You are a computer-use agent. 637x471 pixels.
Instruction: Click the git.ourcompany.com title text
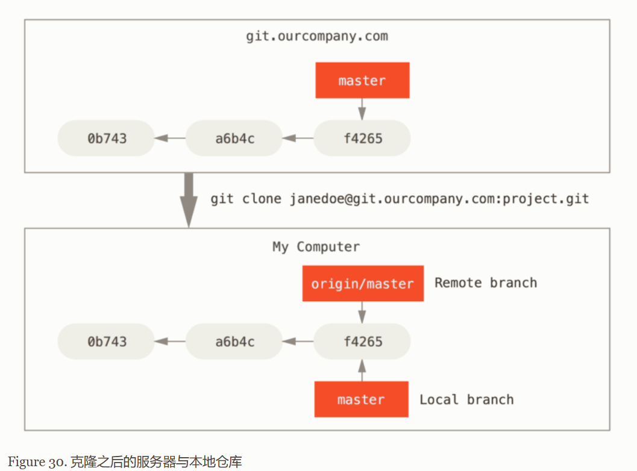317,36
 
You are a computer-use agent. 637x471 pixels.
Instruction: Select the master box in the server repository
362,80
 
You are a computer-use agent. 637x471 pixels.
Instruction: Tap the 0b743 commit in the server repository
107,138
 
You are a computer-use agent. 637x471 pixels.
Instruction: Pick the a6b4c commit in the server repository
234,138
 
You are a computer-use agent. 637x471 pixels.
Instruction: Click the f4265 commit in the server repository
362,138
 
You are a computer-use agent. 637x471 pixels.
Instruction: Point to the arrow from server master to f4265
362,109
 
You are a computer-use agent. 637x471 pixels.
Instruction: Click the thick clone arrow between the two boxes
189,200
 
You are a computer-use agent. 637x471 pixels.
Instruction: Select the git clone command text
400,199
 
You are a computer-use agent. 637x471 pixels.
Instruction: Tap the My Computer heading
316,247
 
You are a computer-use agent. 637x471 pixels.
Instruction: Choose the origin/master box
363,284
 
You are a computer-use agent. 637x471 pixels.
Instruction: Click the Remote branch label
486,282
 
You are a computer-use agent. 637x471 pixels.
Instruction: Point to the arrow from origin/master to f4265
362,312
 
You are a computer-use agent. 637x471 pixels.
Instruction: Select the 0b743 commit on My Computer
107,342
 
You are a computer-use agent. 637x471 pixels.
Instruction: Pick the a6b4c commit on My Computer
234,342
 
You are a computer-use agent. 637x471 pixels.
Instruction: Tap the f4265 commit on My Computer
362,342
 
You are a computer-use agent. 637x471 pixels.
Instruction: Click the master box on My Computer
362,399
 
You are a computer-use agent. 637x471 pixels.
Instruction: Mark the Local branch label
467,399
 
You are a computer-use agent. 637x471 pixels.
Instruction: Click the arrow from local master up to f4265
362,370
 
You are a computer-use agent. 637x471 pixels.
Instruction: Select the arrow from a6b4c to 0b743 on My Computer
170,342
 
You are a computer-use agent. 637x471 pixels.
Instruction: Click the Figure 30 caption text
125,461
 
